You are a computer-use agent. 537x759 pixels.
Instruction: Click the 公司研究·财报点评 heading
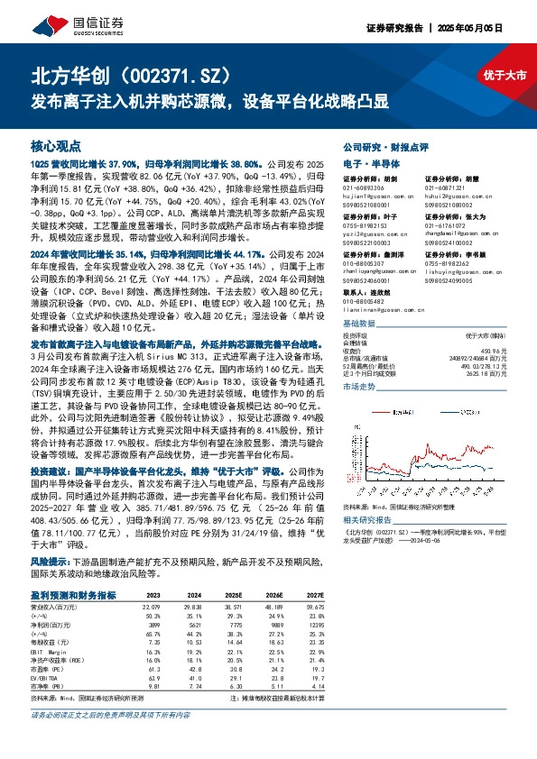point(384,145)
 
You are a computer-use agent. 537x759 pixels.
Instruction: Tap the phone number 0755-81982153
point(365,224)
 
